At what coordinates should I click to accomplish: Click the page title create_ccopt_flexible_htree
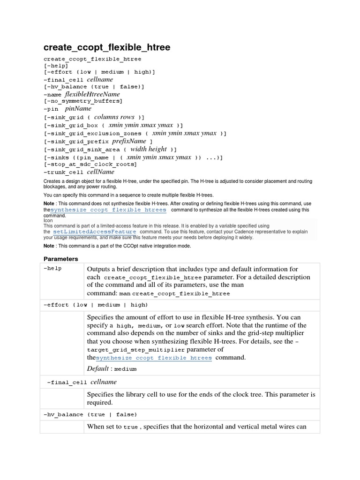click(107, 47)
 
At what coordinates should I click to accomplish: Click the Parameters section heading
click(60, 259)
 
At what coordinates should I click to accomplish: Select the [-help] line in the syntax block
click(56, 66)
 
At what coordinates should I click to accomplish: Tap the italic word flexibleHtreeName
click(96, 94)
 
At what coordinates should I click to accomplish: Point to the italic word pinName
click(78, 109)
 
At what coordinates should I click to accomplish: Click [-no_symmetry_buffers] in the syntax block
click(82, 101)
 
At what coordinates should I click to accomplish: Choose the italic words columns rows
click(114, 117)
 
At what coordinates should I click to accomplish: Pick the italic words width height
click(149, 149)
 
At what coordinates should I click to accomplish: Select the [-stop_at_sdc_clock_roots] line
click(90, 164)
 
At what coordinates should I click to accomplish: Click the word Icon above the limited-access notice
click(48, 219)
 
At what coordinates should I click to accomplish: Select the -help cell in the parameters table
click(52, 269)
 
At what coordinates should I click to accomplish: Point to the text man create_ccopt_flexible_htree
click(174, 293)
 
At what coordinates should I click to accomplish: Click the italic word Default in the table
click(98, 368)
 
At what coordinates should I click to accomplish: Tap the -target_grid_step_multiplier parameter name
click(136, 350)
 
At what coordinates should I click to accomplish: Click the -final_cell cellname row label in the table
click(82, 382)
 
